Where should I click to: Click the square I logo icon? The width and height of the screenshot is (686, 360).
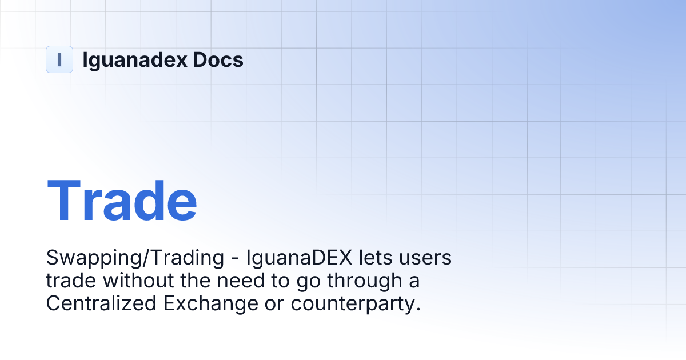(x=59, y=59)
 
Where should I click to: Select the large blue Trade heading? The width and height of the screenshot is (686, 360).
(x=122, y=201)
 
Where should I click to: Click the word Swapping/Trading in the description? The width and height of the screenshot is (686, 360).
(x=135, y=258)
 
